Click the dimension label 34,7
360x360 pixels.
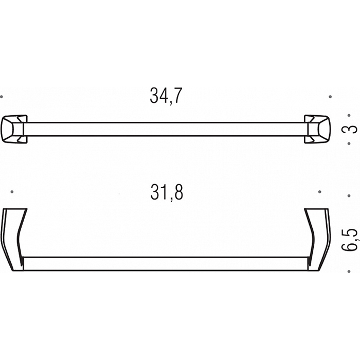click(x=166, y=96)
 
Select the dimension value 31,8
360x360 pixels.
click(x=167, y=192)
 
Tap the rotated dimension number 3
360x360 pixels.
click(x=352, y=129)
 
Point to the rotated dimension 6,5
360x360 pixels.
click(x=352, y=239)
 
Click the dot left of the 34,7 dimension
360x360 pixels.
click(x=2, y=97)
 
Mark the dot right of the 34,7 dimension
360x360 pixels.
click(x=330, y=97)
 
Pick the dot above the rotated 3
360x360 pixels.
click(x=349, y=116)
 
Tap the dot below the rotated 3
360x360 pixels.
click(x=349, y=143)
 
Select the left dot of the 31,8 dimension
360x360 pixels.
click(x=12, y=192)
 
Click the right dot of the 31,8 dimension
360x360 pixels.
click(x=319, y=192)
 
